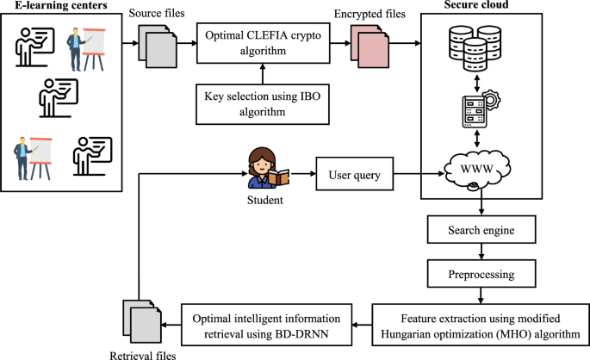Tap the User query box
pos(348,177)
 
